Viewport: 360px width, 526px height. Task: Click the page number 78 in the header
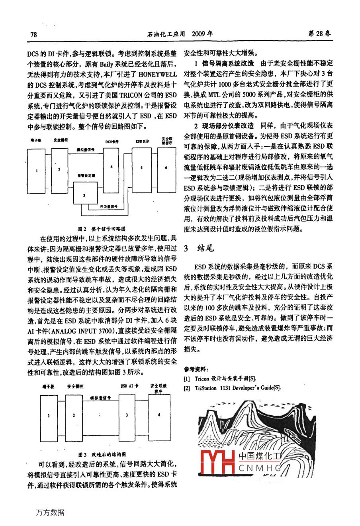34,34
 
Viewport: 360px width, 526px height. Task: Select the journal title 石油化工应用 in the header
166,34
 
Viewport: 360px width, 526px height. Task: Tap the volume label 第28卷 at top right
319,34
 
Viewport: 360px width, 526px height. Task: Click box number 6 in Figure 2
166,168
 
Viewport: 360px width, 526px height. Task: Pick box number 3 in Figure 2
84,195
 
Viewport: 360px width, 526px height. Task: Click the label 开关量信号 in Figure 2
108,206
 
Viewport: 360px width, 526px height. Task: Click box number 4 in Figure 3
159,415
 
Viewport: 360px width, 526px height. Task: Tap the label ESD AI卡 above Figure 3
129,386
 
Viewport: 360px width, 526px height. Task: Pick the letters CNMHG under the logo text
260,468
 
